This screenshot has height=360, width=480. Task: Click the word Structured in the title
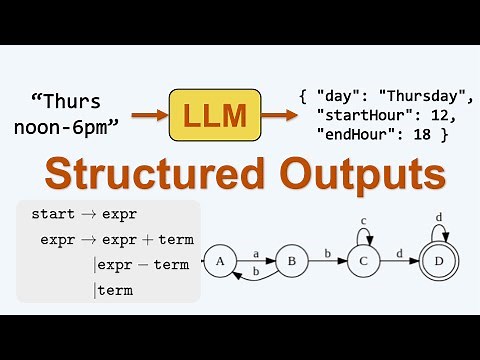tap(141, 175)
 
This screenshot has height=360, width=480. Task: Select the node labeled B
tap(291, 262)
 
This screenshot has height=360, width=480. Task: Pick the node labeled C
tap(363, 262)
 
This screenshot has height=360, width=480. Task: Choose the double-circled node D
tap(439, 262)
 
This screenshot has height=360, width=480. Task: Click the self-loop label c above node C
tap(363, 220)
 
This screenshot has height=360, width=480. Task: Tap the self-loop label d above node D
tap(439, 217)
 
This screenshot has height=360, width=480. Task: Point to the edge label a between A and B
tap(256, 255)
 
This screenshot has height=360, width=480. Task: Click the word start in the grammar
tap(52, 214)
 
